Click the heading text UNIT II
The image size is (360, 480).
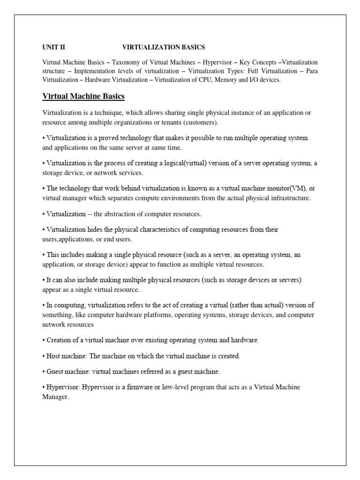55,47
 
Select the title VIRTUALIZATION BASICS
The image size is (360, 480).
164,47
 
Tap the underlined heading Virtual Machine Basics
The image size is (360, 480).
83,97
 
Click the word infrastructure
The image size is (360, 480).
287,198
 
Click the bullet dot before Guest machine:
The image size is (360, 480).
44,372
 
